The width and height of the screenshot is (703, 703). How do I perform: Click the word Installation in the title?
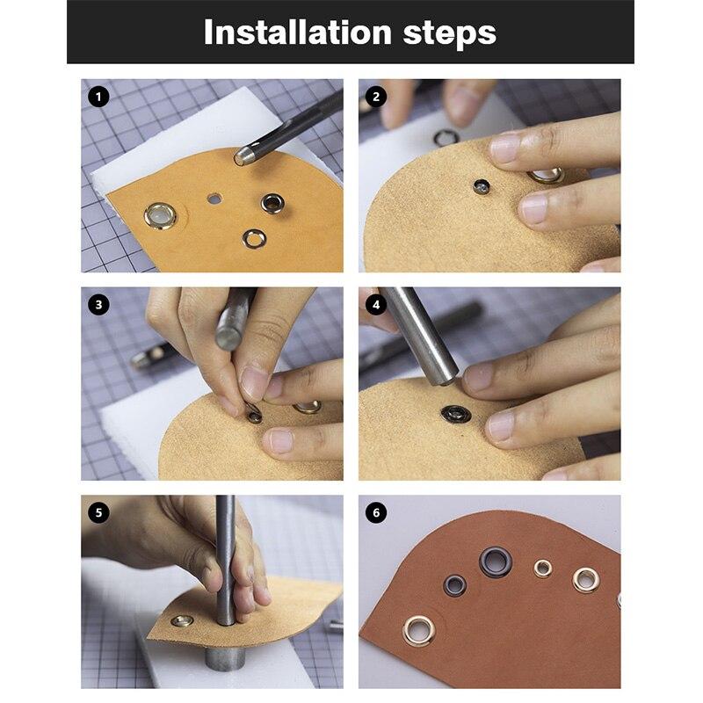point(298,32)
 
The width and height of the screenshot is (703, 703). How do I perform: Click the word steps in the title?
point(449,33)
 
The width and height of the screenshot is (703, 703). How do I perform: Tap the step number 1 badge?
point(98,97)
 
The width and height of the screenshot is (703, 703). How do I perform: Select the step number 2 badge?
point(376,97)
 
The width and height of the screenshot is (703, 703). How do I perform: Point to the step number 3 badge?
point(98,304)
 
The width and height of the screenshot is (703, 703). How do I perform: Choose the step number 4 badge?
point(376,304)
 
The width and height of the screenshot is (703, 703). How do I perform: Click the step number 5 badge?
point(98,512)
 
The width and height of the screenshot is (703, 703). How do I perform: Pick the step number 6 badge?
point(376,512)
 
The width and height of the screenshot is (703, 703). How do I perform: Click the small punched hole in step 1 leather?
point(214,199)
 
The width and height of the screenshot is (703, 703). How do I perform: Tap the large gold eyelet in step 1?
point(160,216)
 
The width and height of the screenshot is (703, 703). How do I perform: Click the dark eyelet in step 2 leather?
point(481,186)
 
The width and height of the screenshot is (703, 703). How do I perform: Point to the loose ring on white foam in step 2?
point(446,138)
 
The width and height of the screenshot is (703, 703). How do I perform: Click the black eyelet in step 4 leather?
point(456,413)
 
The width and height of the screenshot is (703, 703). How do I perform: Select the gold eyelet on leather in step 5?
point(182,620)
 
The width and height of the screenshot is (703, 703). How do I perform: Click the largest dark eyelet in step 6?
point(496,562)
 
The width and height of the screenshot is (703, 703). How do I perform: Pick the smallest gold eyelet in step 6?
point(543,569)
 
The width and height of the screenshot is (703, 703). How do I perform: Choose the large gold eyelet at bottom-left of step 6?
point(419,630)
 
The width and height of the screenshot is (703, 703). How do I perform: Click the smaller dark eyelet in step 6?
point(454,585)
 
